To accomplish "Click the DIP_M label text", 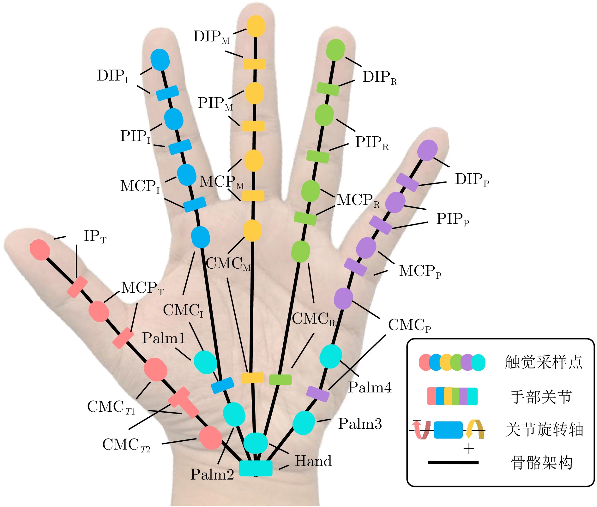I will [x=211, y=37].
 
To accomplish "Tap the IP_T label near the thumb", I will [x=94, y=236].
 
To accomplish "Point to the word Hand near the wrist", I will [x=313, y=461].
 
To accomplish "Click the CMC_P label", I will [x=409, y=325].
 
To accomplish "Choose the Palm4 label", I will [x=370, y=387].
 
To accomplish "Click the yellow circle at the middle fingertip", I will [x=255, y=26].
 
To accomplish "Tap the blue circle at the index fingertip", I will [x=160, y=59].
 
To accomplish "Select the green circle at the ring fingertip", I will [x=335, y=50].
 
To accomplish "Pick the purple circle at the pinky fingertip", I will [x=427, y=150].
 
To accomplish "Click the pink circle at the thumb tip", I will [x=40, y=250].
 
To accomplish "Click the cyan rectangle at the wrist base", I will [x=256, y=468].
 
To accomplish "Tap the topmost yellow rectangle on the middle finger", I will [x=254, y=64].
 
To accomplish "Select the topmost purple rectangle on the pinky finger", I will [x=407, y=182].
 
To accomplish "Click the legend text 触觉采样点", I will [x=543, y=362].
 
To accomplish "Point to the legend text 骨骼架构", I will [x=541, y=463].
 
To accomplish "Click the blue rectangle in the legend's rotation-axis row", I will [x=448, y=430].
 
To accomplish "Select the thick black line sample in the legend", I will [x=453, y=462].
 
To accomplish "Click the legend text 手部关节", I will [x=541, y=397].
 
